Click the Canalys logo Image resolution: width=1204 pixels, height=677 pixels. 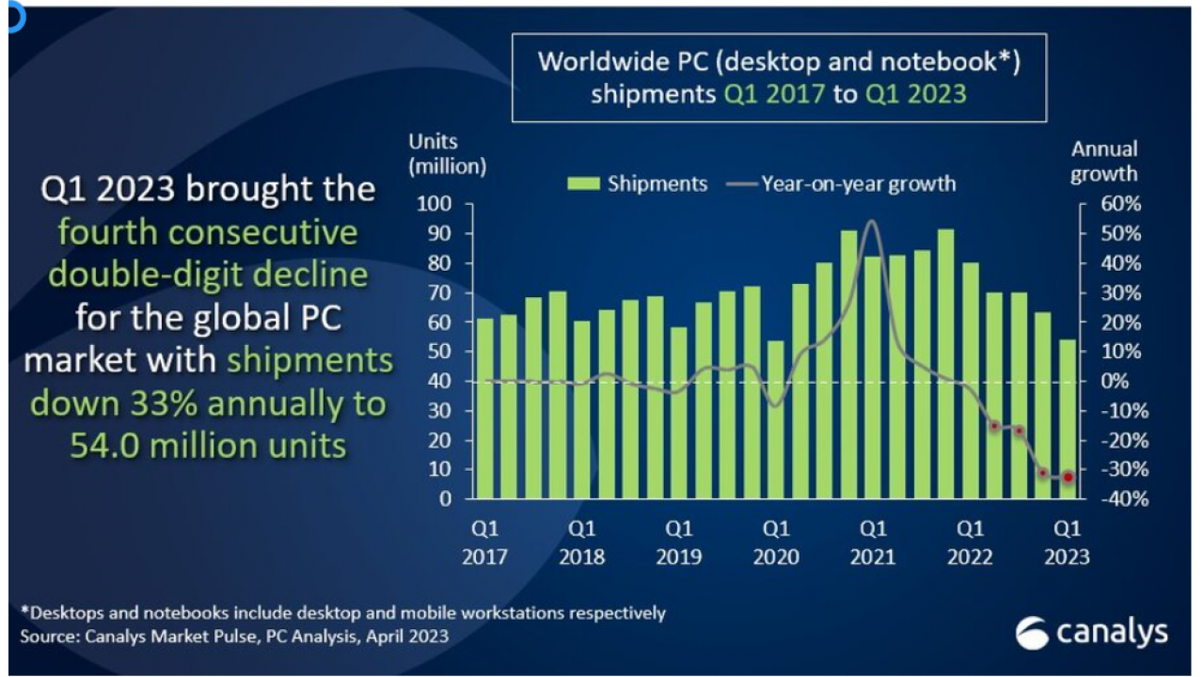pos(1091,634)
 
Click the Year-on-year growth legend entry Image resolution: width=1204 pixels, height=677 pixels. pos(841,183)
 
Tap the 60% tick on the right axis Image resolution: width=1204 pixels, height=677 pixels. pos(1118,204)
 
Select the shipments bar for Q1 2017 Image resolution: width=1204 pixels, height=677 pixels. pos(484,408)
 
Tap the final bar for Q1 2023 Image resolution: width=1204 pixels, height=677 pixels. pos(1068,418)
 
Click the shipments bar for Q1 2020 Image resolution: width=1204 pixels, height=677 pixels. pos(776,419)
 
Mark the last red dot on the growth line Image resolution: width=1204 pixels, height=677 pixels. pos(1068,478)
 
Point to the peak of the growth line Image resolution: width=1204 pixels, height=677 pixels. pos(871,222)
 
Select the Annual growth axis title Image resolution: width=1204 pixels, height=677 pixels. pos(1104,161)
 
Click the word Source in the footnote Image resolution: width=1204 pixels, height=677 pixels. pos(47,637)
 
